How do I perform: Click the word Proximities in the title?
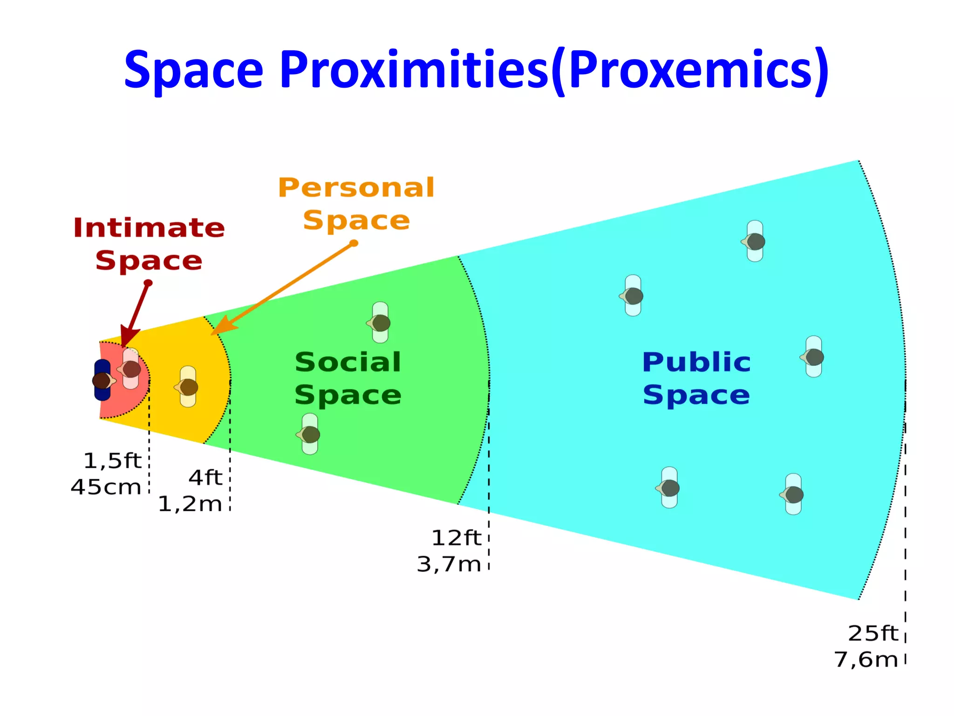414,70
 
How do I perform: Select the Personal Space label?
356,204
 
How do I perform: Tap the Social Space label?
348,378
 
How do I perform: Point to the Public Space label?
696,378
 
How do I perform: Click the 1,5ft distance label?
112,461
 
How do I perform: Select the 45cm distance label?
106,487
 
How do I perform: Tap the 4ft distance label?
205,477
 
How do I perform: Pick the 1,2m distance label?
190,504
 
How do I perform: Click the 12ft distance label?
456,537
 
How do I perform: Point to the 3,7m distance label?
449,564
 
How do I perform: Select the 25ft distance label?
872,633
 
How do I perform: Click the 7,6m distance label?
865,660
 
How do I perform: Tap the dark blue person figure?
102,380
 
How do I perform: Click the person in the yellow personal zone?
188,386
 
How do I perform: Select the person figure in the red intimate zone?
130,369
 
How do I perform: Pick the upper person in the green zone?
380,323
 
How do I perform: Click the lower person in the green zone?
310,434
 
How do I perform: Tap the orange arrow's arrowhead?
222,326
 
